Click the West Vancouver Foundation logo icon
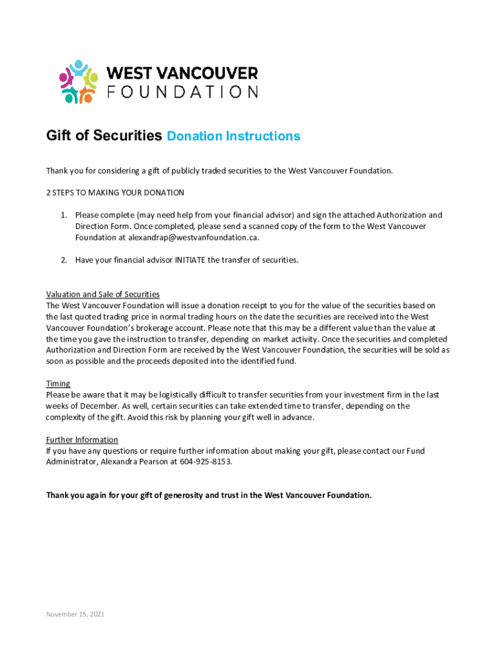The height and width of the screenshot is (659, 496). (x=78, y=82)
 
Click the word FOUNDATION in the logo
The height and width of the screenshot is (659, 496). (x=182, y=91)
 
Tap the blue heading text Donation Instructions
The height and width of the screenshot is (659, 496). (x=233, y=136)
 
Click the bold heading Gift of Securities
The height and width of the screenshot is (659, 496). (x=104, y=136)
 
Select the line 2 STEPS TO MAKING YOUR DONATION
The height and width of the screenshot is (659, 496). (x=115, y=192)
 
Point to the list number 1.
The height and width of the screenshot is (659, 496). (x=64, y=215)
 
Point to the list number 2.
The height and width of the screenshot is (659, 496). (x=64, y=260)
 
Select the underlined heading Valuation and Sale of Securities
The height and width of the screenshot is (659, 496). (x=102, y=294)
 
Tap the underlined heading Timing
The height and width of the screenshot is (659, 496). (x=58, y=384)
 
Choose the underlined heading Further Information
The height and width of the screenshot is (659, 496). (x=82, y=440)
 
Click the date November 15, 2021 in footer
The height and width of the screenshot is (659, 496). (x=75, y=614)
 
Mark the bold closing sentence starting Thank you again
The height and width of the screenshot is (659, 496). (x=209, y=496)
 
